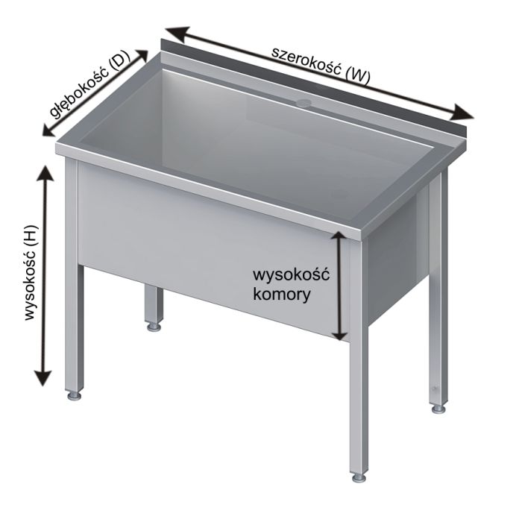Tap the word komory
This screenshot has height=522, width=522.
(283, 293)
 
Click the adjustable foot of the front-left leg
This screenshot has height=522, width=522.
(75, 393)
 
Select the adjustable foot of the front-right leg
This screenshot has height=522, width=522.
(359, 475)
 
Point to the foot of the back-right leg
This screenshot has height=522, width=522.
(438, 408)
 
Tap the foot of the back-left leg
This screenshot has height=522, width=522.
(154, 326)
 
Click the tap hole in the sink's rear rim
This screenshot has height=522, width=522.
(304, 101)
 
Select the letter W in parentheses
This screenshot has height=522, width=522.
(359, 75)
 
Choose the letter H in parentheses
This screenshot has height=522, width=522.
(29, 238)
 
